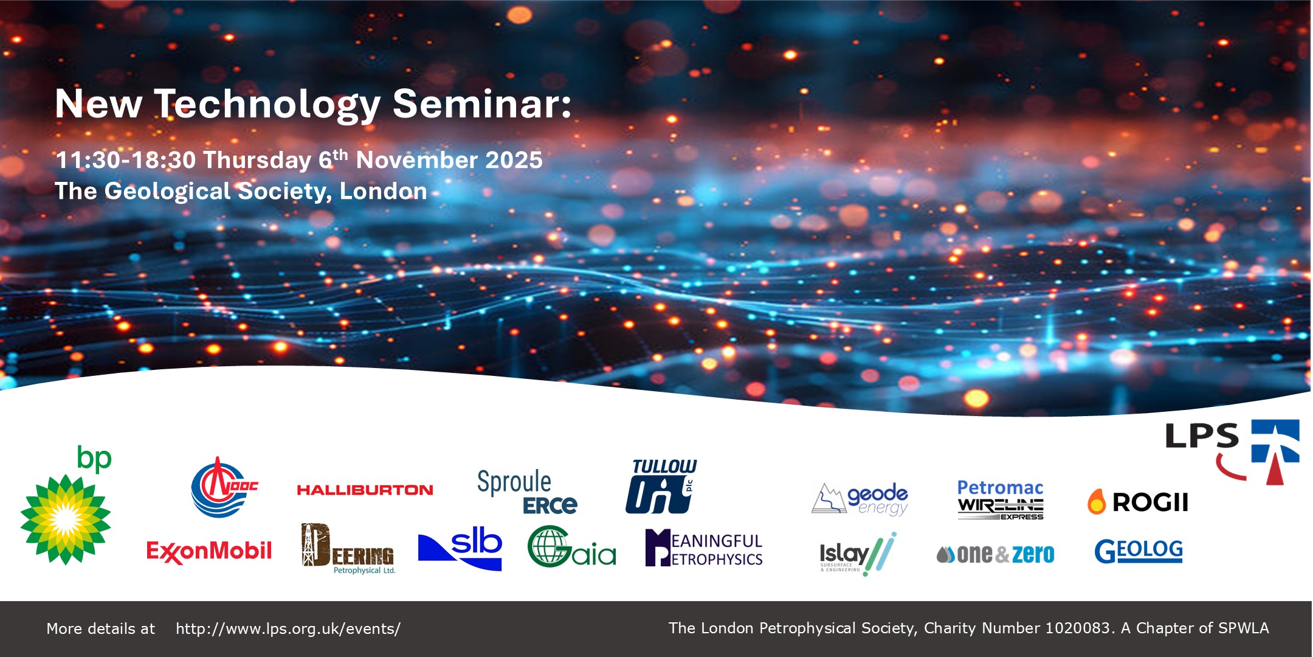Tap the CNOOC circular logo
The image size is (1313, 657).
pyautogui.click(x=223, y=488)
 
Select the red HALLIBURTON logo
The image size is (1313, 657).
pyautogui.click(x=365, y=490)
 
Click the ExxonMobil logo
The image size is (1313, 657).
pyautogui.click(x=208, y=551)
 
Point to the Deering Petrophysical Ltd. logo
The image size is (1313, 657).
pyautogui.click(x=348, y=548)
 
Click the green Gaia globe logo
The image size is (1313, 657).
pyautogui.click(x=571, y=547)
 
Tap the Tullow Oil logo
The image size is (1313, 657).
pyautogui.click(x=661, y=487)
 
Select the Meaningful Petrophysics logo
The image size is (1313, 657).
pyautogui.click(x=704, y=548)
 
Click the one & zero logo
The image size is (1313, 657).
pyautogui.click(x=996, y=554)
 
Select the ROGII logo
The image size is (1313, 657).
pyautogui.click(x=1138, y=502)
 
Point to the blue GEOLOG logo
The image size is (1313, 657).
pyautogui.click(x=1138, y=551)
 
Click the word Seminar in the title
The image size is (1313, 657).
pyautogui.click(x=481, y=103)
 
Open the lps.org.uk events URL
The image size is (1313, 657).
pyautogui.click(x=288, y=628)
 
